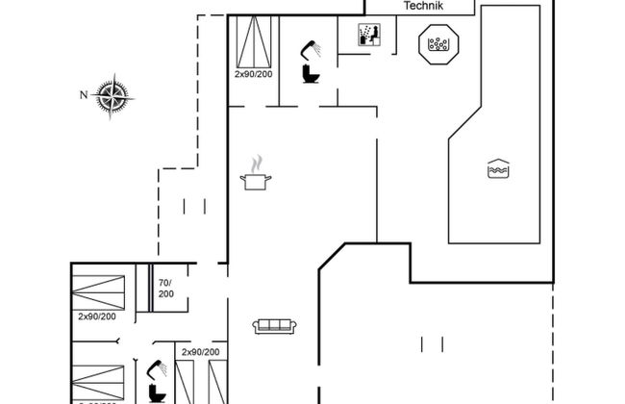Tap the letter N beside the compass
coord(84,93)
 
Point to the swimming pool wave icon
coord(497,168)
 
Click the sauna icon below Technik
coord(369,35)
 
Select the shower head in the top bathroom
coord(310,46)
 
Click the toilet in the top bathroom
coord(311,73)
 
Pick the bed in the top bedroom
coord(253,40)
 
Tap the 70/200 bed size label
coord(165,288)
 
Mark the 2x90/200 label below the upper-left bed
coord(98,316)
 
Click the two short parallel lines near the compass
coord(195,205)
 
